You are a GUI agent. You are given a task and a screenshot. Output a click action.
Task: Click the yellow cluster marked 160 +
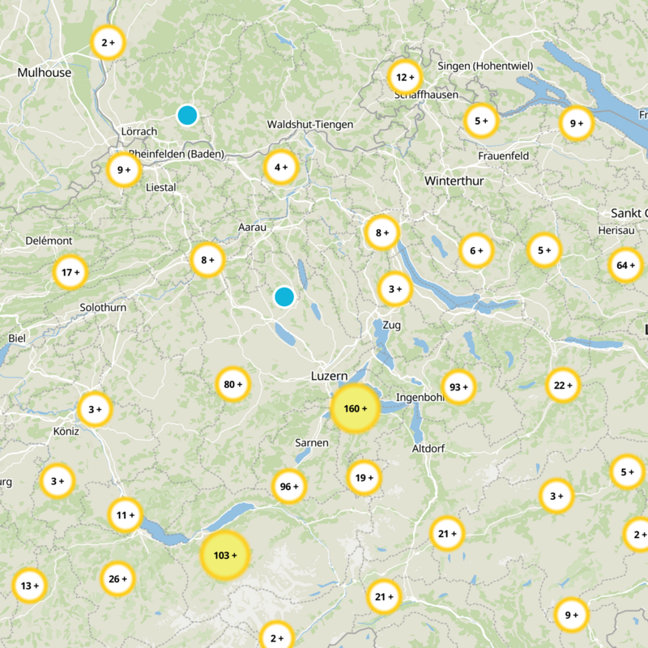pos(355,408)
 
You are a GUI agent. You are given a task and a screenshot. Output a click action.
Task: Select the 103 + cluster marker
pos(224,556)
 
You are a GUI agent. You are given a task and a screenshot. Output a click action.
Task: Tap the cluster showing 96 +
pos(289,487)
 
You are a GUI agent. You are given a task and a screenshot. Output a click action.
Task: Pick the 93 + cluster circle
pos(459,387)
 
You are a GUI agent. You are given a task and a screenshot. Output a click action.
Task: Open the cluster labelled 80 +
pos(233,384)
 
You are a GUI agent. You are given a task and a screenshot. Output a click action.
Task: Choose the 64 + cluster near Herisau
pos(626,266)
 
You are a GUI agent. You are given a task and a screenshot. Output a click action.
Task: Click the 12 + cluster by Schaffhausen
pos(404,78)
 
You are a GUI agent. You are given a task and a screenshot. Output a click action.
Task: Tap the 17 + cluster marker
pos(70,273)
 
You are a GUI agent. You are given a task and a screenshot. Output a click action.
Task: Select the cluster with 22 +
pos(563,386)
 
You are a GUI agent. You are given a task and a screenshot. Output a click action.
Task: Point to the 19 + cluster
pos(364,478)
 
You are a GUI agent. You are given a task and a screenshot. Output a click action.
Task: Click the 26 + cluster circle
pos(117,579)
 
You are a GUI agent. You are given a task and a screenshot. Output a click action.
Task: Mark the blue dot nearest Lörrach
pos(187,115)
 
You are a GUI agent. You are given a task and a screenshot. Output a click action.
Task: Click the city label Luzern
pos(329,376)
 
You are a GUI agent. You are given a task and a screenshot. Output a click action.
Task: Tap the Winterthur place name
pos(454,181)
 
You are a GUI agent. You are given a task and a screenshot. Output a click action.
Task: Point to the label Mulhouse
pos(45,72)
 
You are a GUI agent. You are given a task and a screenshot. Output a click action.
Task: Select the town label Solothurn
pos(103,308)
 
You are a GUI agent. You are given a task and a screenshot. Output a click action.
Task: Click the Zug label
pos(391,325)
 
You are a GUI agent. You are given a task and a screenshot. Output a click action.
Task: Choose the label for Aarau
pos(252,228)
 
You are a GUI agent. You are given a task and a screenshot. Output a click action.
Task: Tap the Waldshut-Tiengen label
pos(310,124)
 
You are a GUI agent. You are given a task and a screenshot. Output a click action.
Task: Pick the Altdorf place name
pos(428,448)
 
